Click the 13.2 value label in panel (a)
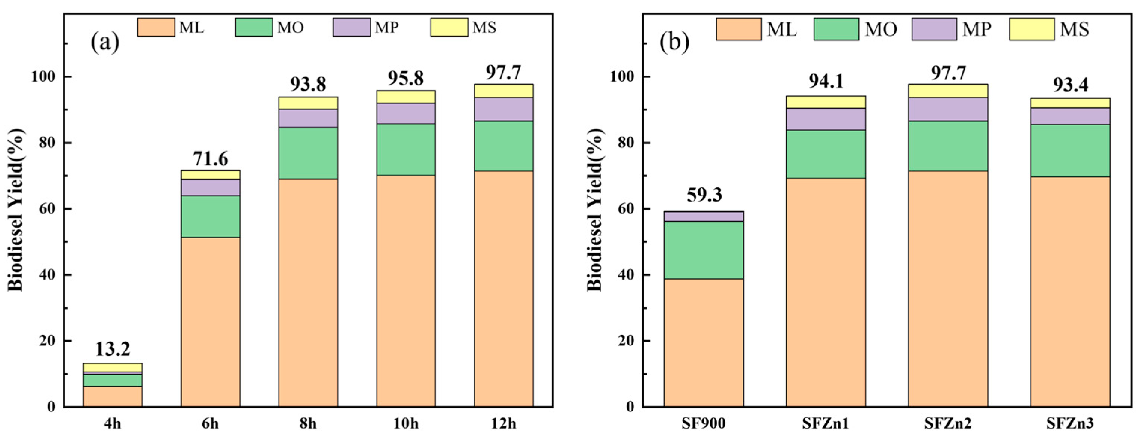click(x=112, y=349)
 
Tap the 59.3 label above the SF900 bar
click(x=704, y=195)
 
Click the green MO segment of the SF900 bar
click(x=704, y=250)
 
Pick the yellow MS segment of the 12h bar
click(x=503, y=91)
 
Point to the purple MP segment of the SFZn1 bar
click(x=826, y=119)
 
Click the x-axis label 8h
click(x=308, y=424)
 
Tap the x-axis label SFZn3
click(x=1070, y=424)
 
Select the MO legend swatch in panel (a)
click(x=253, y=27)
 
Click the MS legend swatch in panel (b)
click(x=1032, y=29)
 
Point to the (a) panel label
click(x=105, y=43)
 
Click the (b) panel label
click(x=674, y=43)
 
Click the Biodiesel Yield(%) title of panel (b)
click(x=595, y=210)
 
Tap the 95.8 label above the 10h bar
click(x=405, y=78)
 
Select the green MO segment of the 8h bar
click(x=308, y=153)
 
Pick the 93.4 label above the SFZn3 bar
click(x=1070, y=85)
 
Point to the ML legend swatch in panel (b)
click(x=738, y=29)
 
